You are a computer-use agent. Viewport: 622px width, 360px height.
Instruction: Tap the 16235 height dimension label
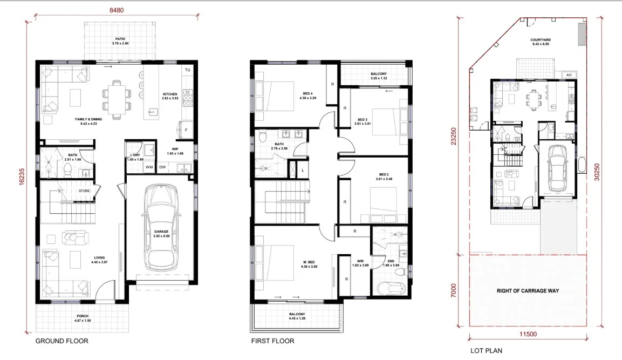(22, 175)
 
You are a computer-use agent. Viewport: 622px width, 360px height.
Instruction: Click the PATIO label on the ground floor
(120, 39)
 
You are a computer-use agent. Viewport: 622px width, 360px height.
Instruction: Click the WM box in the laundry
(148, 167)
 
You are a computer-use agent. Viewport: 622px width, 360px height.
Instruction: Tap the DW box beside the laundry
(162, 167)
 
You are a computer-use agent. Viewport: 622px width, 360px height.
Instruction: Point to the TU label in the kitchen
(187, 70)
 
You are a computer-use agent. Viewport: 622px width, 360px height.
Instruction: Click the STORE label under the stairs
(84, 190)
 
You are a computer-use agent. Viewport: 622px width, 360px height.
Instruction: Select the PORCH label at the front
(82, 316)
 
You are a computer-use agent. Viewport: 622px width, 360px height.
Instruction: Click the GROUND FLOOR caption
(61, 341)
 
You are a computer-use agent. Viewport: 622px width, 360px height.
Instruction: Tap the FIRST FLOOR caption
(272, 341)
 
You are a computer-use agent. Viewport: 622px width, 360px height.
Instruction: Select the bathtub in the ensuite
(389, 287)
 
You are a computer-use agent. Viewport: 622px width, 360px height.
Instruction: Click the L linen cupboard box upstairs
(304, 171)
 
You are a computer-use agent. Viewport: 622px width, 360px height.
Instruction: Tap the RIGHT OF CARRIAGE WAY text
(528, 290)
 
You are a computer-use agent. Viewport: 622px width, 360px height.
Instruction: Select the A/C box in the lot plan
(569, 75)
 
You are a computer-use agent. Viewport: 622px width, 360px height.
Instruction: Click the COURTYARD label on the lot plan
(540, 40)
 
